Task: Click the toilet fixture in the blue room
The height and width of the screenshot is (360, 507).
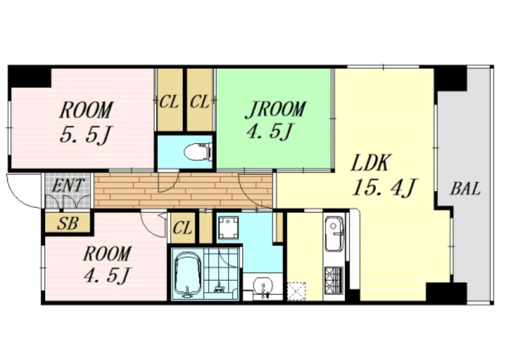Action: [x=198, y=152]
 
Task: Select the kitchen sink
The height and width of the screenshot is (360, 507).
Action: [x=334, y=234]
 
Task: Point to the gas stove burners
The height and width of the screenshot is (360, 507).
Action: [x=334, y=280]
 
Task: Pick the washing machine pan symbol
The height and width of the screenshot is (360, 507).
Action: [x=228, y=228]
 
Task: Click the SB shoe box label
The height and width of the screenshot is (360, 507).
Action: [x=67, y=224]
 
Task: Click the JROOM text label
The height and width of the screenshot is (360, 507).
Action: [x=275, y=109]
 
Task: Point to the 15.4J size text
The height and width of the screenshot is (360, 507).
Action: [x=384, y=187]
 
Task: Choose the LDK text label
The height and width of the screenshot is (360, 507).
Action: [x=369, y=163]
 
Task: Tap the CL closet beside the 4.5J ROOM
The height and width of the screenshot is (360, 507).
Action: [x=183, y=229]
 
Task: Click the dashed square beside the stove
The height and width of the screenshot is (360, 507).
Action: [x=297, y=291]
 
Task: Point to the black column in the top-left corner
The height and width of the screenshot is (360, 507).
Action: [x=29, y=77]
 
